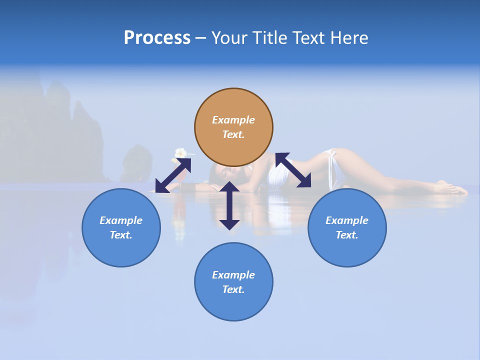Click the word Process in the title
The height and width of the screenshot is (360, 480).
point(157,38)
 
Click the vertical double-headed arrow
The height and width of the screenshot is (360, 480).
point(229,205)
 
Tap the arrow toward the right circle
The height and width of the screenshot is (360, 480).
point(293,170)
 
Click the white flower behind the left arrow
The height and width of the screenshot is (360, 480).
point(180,152)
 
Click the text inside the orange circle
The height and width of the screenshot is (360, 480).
point(233,127)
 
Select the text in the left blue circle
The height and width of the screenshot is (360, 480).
point(121,227)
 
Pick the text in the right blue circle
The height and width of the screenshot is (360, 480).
point(347,227)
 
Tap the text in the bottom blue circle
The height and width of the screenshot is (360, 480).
point(233,282)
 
